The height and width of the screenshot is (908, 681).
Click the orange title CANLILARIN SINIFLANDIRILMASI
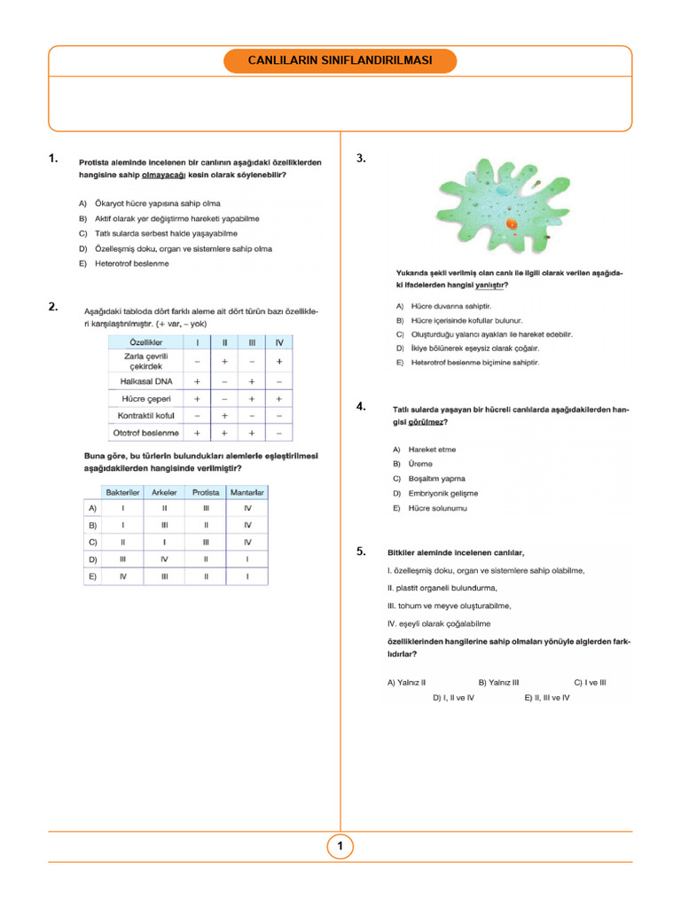tap(340, 61)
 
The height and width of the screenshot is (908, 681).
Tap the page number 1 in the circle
tap(340, 847)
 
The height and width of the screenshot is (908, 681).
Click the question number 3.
tap(361, 159)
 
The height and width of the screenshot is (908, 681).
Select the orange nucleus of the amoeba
tap(513, 225)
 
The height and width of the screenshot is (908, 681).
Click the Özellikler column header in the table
tap(145, 342)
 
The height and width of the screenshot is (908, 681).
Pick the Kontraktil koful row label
tap(145, 415)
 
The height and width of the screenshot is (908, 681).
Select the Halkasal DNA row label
tap(145, 380)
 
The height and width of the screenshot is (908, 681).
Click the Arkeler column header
tap(164, 491)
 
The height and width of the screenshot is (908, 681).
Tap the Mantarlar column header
tap(247, 491)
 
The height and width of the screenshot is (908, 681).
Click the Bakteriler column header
tap(122, 491)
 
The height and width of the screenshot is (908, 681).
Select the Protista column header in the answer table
tap(206, 491)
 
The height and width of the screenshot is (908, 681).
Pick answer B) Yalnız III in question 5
tap(498, 683)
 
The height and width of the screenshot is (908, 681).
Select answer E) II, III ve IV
tap(547, 698)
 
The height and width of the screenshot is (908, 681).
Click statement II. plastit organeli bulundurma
tap(442, 588)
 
